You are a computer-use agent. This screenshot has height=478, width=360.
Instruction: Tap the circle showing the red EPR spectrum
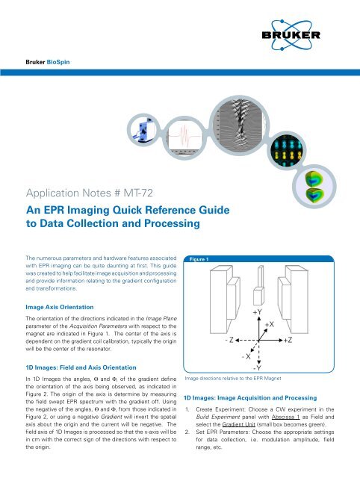180,137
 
